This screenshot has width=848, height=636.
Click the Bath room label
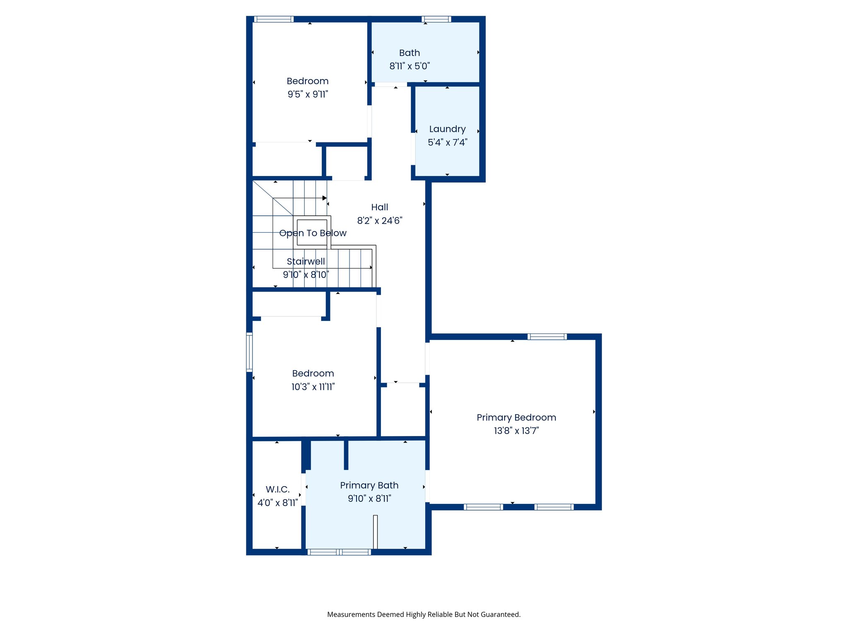pyautogui.click(x=410, y=53)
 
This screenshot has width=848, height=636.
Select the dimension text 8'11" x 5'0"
pyautogui.click(x=410, y=66)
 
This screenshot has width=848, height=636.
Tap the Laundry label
pyautogui.click(x=447, y=129)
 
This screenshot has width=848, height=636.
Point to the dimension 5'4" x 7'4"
pyautogui.click(x=447, y=142)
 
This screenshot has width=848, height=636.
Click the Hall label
pyautogui.click(x=379, y=207)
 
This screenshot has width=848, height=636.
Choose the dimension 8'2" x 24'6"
pyautogui.click(x=379, y=221)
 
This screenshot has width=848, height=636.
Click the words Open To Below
pyautogui.click(x=313, y=233)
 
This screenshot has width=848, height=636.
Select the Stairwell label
pyautogui.click(x=306, y=261)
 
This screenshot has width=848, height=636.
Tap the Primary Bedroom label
pyautogui.click(x=516, y=417)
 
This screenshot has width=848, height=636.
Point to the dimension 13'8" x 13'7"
pyautogui.click(x=516, y=431)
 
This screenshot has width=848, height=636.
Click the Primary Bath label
pyautogui.click(x=369, y=485)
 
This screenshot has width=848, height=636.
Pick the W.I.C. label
pyautogui.click(x=277, y=489)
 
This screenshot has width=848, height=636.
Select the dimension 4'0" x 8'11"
pyautogui.click(x=277, y=503)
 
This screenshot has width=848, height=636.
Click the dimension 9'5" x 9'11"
pyautogui.click(x=308, y=94)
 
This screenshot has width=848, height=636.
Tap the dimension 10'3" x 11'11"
pyautogui.click(x=313, y=387)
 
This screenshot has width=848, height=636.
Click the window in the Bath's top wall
pyautogui.click(x=436, y=19)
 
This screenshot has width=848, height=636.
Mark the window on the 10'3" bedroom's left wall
pyautogui.click(x=249, y=352)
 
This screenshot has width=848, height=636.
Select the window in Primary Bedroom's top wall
pyautogui.click(x=547, y=337)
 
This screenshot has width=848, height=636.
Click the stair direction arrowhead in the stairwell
pyautogui.click(x=325, y=198)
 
